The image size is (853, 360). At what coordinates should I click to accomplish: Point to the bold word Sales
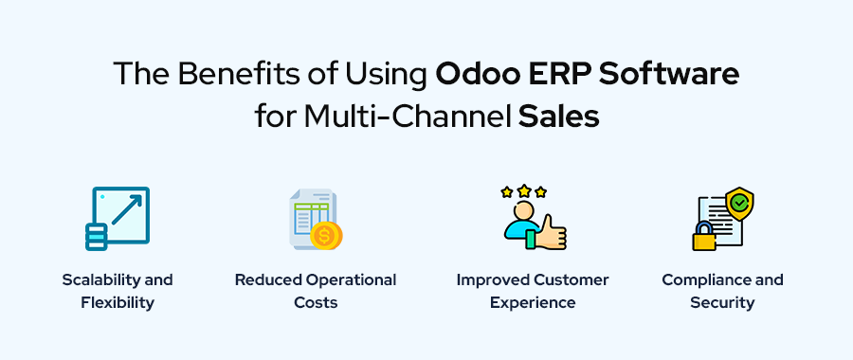pyautogui.click(x=558, y=117)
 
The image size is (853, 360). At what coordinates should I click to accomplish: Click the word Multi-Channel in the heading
pyautogui.click(x=408, y=117)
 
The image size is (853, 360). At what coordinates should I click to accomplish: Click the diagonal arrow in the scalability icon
pyautogui.click(x=126, y=210)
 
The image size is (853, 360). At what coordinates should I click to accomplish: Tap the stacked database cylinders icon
pyautogui.click(x=97, y=236)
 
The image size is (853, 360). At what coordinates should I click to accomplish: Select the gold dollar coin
pyautogui.click(x=326, y=236)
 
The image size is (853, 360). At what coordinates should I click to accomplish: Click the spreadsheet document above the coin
pyautogui.click(x=312, y=216)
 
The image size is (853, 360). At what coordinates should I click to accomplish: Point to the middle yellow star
pyautogui.click(x=524, y=190)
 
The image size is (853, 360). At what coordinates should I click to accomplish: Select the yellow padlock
pyautogui.click(x=704, y=236)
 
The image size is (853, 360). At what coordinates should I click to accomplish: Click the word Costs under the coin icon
pyautogui.click(x=316, y=302)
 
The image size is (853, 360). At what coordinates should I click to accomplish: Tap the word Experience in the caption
pyautogui.click(x=533, y=303)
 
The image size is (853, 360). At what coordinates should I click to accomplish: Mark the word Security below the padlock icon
pyautogui.click(x=722, y=303)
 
